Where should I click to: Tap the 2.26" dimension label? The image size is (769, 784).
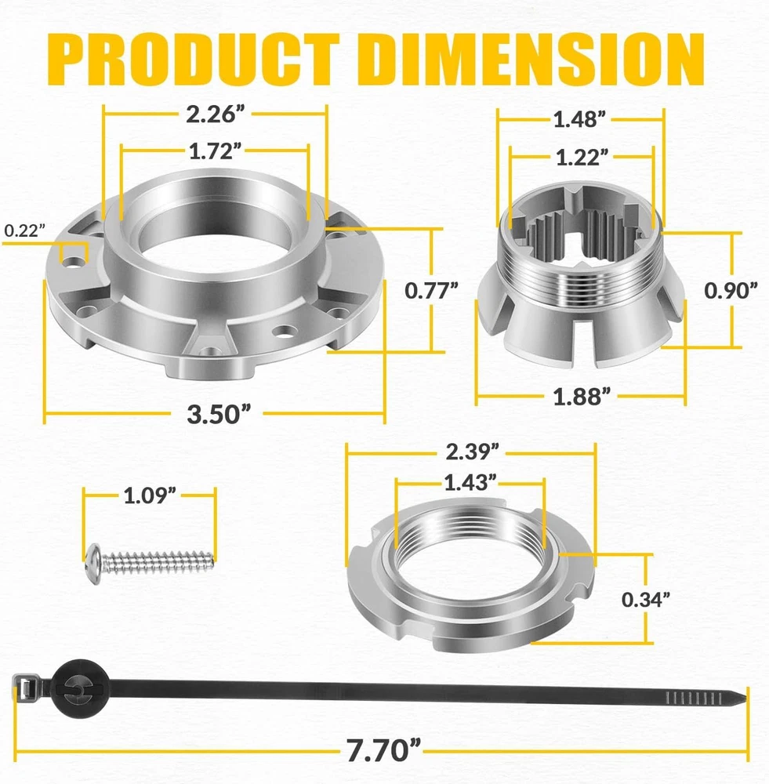click(216, 114)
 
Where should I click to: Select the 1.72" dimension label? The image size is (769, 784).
click(215, 151)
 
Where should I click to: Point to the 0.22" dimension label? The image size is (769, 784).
click(24, 230)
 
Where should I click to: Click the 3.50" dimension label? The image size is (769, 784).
click(218, 414)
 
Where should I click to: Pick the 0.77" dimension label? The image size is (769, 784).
click(431, 291)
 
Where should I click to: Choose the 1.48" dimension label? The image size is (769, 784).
click(579, 119)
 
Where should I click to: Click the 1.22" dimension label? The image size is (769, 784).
click(582, 157)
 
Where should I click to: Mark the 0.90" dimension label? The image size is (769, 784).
click(731, 291)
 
